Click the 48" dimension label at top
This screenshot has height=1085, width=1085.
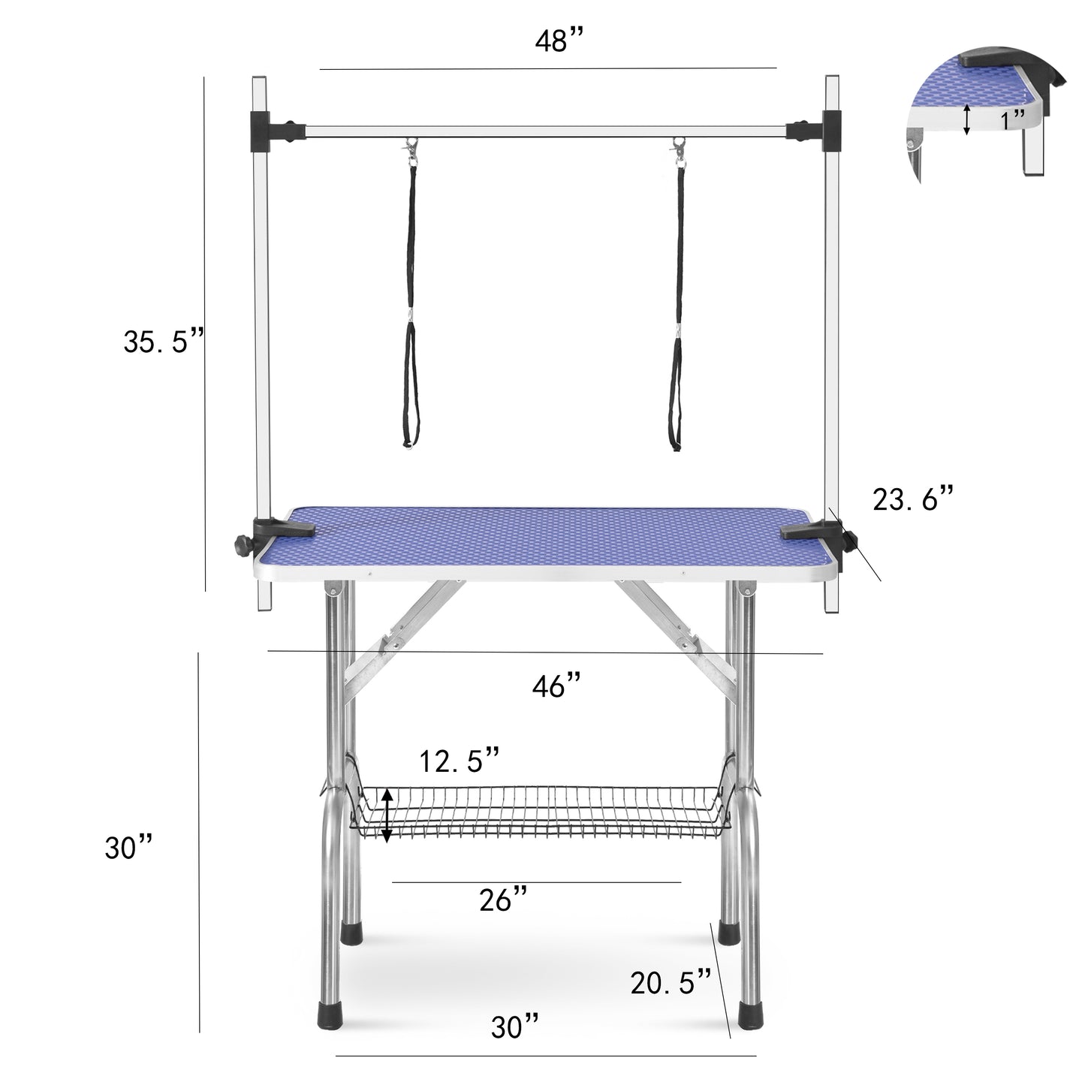(559, 42)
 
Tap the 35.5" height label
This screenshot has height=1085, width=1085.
(164, 342)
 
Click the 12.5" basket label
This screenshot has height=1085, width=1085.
(459, 761)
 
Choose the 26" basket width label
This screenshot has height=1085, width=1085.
(503, 900)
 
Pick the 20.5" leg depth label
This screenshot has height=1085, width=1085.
(671, 981)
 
